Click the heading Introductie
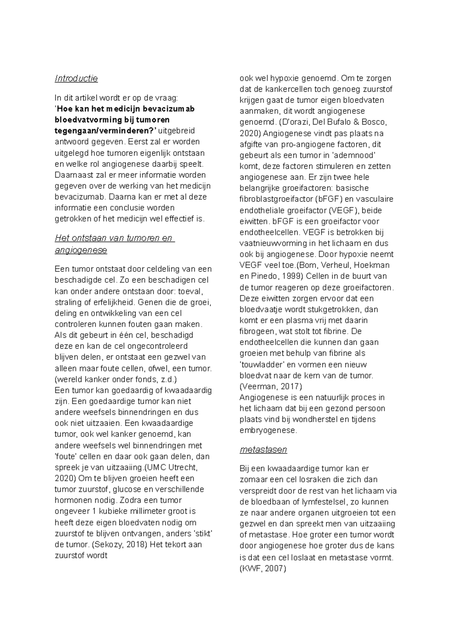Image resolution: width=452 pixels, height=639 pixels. [x=76, y=79]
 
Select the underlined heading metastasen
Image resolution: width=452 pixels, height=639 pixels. [x=263, y=450]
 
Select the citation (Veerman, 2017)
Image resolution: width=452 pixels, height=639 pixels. [x=271, y=386]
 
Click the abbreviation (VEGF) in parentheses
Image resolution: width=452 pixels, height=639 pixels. [x=344, y=210]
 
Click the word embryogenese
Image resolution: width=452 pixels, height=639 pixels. [x=268, y=431]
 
